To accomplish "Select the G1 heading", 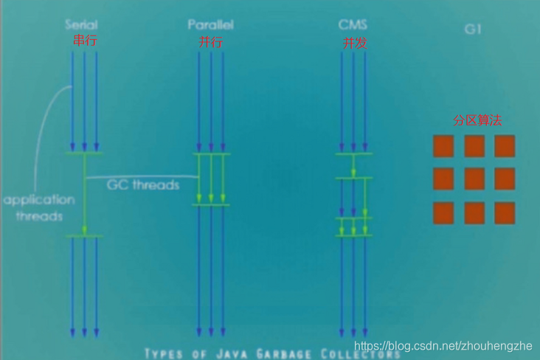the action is (x=473, y=30).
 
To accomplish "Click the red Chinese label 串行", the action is (x=85, y=41).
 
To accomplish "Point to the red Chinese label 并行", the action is (x=210, y=42).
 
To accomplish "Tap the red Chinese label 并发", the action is (x=354, y=43).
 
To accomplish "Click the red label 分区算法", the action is (x=477, y=120).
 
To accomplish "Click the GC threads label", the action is (x=143, y=184).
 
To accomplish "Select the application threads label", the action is (x=38, y=208).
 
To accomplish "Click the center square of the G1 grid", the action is (x=474, y=179).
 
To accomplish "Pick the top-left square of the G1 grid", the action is (x=443, y=146).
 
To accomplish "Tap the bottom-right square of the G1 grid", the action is (x=505, y=213).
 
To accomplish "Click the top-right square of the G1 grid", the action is (x=505, y=146).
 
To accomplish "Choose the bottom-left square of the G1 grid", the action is (x=443, y=213).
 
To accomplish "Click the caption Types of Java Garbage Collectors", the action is (x=272, y=353).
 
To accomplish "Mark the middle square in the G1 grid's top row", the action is (x=474, y=146).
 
